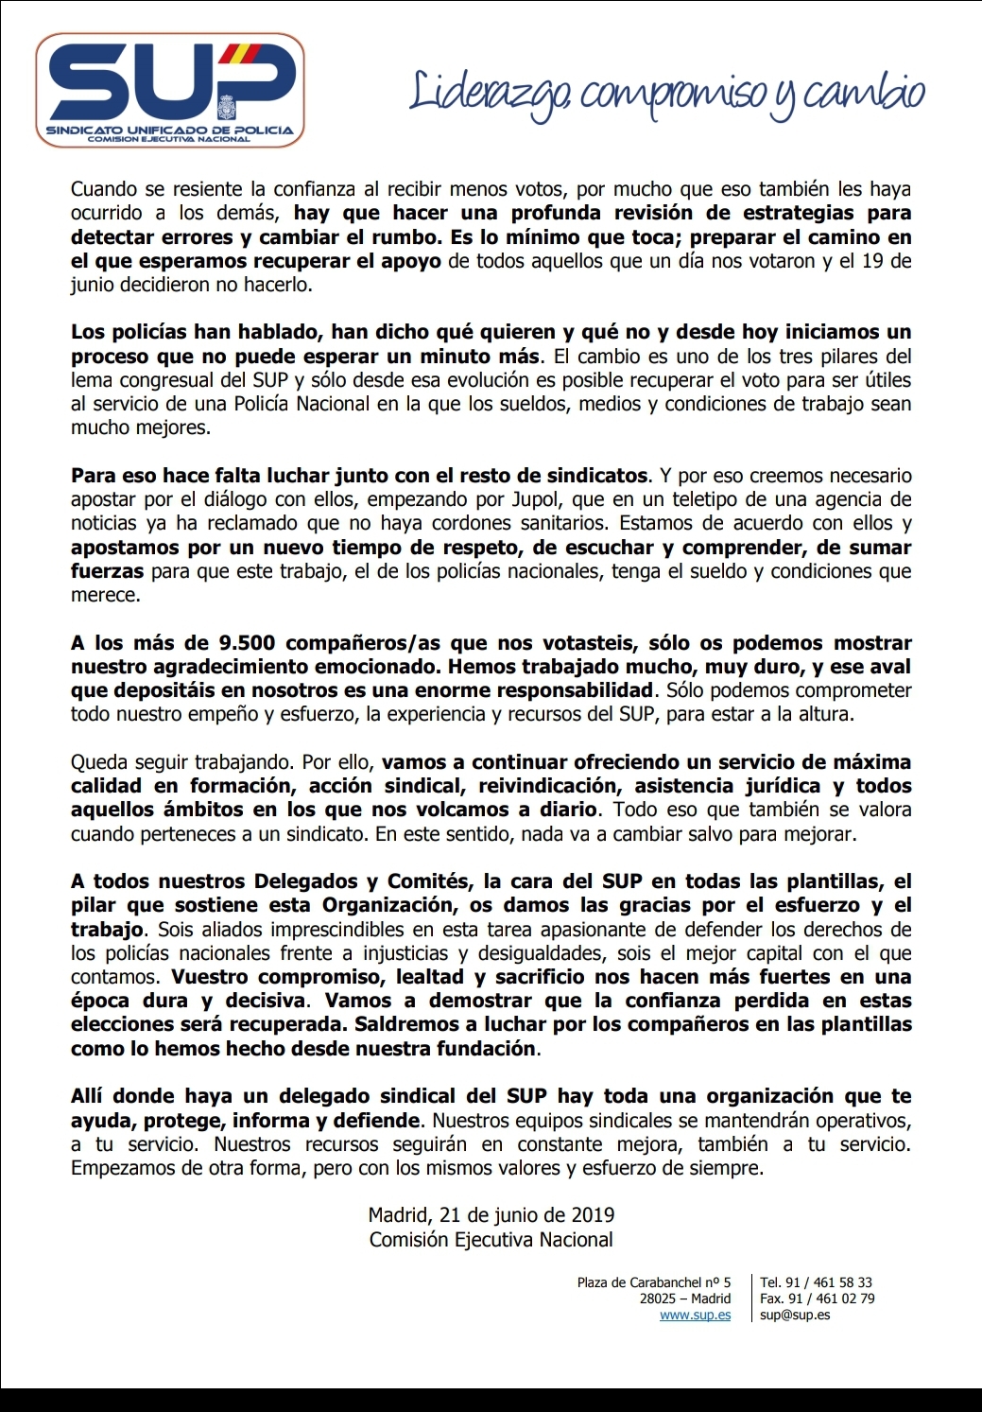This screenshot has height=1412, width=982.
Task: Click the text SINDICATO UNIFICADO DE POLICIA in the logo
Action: click(170, 130)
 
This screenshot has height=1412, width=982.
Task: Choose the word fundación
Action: click(483, 1048)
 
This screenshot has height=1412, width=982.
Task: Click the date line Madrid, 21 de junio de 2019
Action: click(491, 1215)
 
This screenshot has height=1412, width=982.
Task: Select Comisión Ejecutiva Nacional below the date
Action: click(491, 1240)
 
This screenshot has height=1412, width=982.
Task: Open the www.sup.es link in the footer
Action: click(695, 1316)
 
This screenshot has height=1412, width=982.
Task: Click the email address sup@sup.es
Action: click(795, 1316)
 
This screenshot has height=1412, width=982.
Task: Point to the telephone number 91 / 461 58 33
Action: click(830, 1283)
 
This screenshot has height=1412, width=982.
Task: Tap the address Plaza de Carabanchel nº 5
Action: click(654, 1283)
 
